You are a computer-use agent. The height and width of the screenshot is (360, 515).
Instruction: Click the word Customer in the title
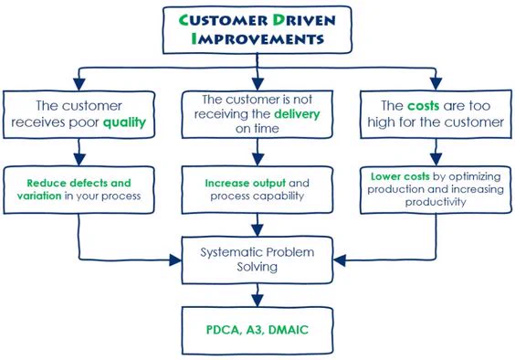click(x=224, y=20)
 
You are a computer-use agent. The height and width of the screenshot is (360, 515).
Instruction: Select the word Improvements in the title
click(x=257, y=38)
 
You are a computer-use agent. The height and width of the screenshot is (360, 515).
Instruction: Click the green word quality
click(x=124, y=122)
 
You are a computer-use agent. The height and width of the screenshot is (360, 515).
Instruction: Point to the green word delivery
click(x=297, y=114)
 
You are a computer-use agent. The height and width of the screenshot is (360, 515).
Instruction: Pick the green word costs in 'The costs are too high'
click(x=424, y=106)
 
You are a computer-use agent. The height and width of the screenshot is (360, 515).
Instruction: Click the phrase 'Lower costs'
click(x=400, y=176)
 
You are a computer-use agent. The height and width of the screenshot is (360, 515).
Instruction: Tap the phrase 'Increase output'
click(x=245, y=183)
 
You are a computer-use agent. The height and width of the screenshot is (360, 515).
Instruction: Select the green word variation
click(x=39, y=196)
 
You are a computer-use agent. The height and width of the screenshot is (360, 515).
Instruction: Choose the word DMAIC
click(x=289, y=330)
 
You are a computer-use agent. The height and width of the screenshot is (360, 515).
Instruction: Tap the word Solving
click(x=257, y=267)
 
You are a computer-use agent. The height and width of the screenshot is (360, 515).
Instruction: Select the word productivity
click(x=436, y=202)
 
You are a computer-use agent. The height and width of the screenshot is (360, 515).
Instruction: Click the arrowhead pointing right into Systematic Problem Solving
click(x=175, y=260)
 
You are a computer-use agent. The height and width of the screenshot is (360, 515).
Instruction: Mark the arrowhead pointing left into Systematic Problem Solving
click(x=340, y=260)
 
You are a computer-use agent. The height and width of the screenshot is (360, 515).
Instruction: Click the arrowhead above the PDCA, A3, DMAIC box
click(x=257, y=301)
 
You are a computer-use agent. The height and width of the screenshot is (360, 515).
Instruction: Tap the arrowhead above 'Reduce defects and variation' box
click(x=79, y=160)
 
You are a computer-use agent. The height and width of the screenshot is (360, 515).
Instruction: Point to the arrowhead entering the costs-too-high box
click(x=436, y=84)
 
